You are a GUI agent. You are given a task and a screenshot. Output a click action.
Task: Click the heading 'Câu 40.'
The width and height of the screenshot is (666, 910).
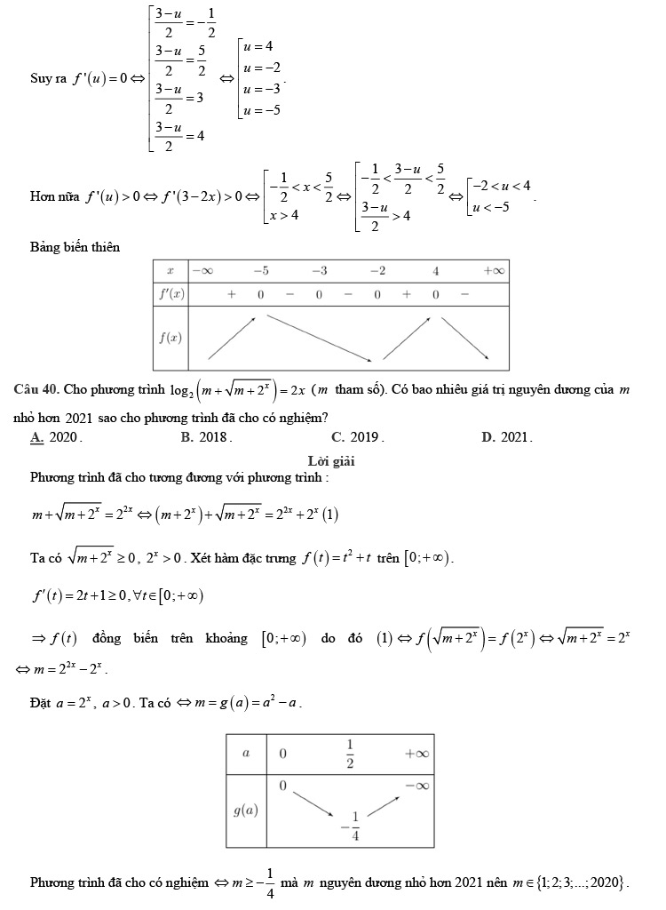[x=36, y=391]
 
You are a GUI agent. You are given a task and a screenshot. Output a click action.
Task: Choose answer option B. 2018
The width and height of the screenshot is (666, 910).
[x=206, y=436]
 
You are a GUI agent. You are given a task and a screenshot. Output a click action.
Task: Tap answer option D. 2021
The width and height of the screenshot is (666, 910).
[x=507, y=436]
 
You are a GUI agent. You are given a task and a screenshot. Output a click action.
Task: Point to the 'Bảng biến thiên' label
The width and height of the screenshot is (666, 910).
[x=75, y=246]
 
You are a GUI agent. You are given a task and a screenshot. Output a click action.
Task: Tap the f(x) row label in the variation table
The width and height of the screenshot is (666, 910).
[x=169, y=337]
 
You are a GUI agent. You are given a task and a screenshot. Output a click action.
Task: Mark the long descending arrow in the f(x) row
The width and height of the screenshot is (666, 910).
[x=320, y=338]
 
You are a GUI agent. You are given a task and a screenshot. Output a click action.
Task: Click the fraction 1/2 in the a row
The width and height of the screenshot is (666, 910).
[x=350, y=752]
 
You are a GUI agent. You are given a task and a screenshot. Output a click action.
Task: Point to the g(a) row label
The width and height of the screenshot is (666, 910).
[x=247, y=810]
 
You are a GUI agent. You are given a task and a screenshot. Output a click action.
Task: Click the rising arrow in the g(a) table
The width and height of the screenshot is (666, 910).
[x=383, y=805]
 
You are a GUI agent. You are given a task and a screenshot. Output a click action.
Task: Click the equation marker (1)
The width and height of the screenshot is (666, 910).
[x=331, y=515]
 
